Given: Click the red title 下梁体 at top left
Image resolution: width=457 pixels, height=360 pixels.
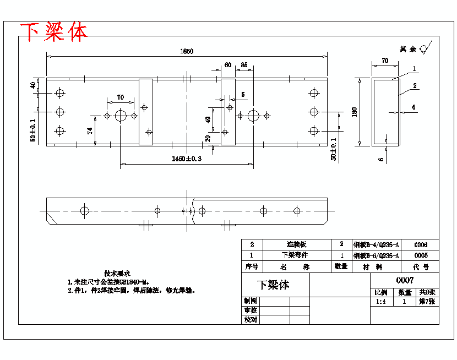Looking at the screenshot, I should [54, 32].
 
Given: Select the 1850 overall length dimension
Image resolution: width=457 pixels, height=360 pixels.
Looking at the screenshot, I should [187, 51].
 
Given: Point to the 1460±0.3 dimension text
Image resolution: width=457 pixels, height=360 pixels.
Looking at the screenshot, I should [187, 159].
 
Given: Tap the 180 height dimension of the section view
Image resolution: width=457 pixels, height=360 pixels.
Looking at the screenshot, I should [355, 111].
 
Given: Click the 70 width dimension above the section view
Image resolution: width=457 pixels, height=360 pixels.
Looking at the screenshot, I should [385, 61].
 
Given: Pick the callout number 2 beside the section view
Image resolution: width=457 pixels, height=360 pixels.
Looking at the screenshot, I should [415, 86].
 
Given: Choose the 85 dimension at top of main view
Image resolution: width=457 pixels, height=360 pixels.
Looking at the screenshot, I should [244, 65].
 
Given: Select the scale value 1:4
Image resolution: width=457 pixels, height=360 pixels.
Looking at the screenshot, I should [380, 302].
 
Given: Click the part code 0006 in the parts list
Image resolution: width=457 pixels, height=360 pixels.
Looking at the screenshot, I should [421, 245].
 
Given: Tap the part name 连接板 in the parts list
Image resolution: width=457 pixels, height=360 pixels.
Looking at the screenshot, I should [296, 245].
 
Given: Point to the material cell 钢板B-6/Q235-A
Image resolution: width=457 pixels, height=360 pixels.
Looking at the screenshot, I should [377, 256].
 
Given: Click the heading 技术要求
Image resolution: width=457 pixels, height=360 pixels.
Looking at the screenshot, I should [117, 273].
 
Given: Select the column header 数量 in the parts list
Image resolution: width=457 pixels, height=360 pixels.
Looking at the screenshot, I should [341, 267].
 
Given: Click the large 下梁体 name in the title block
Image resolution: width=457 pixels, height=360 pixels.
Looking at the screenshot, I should [273, 285].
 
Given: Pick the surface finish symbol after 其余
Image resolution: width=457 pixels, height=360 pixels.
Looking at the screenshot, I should [425, 48].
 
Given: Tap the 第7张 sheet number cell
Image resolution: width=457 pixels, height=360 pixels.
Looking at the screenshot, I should [427, 302].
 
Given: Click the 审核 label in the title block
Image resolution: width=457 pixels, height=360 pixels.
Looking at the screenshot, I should [250, 311].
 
